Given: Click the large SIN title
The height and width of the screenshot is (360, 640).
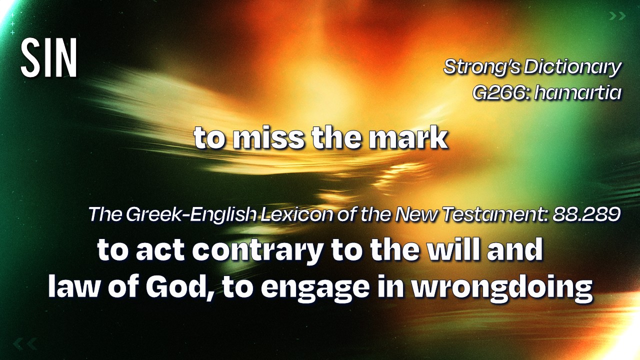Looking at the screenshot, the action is [x=49, y=57].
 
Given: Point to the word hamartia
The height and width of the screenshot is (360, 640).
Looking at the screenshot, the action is [x=577, y=92].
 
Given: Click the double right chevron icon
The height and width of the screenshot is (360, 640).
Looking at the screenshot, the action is [x=617, y=16].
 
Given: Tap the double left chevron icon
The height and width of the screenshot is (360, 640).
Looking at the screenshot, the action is [x=25, y=344].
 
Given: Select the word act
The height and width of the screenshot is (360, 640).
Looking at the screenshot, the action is [x=160, y=250].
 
